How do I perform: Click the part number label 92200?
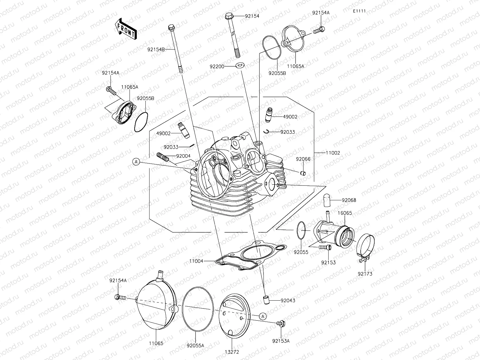[x=217, y=66]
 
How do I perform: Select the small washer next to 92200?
[x=239, y=66]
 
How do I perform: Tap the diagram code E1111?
[x=359, y=11]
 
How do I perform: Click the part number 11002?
[x=333, y=153]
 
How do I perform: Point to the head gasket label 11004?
[x=197, y=261]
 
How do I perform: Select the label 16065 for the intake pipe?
[x=344, y=213]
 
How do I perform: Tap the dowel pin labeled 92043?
[x=265, y=299]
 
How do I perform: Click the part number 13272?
[x=232, y=352]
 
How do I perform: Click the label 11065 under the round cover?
[x=156, y=343]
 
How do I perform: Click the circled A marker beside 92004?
[x=136, y=162]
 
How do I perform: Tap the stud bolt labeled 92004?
[x=163, y=157]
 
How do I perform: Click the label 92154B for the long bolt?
[x=156, y=49]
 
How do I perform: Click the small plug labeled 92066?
[x=303, y=173]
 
